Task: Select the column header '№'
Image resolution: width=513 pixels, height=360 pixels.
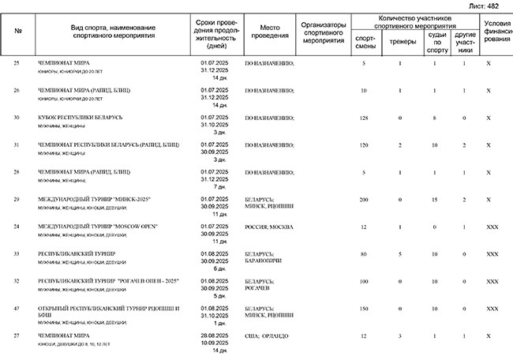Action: coord(17,32)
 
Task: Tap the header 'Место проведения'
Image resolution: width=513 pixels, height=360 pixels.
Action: coord(270,32)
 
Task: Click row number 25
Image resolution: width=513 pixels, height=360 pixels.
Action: coord(17,62)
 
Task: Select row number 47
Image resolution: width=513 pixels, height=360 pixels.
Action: coord(17,309)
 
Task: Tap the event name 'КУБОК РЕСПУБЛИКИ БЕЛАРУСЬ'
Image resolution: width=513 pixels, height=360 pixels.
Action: coord(81,117)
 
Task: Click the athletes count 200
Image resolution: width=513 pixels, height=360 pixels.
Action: coord(364,199)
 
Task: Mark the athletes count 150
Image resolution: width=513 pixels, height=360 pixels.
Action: coord(364,309)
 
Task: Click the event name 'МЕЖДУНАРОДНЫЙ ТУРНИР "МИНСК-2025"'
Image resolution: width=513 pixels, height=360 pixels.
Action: coord(94,199)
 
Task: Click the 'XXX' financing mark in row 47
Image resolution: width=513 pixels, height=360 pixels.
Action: coord(492,309)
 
